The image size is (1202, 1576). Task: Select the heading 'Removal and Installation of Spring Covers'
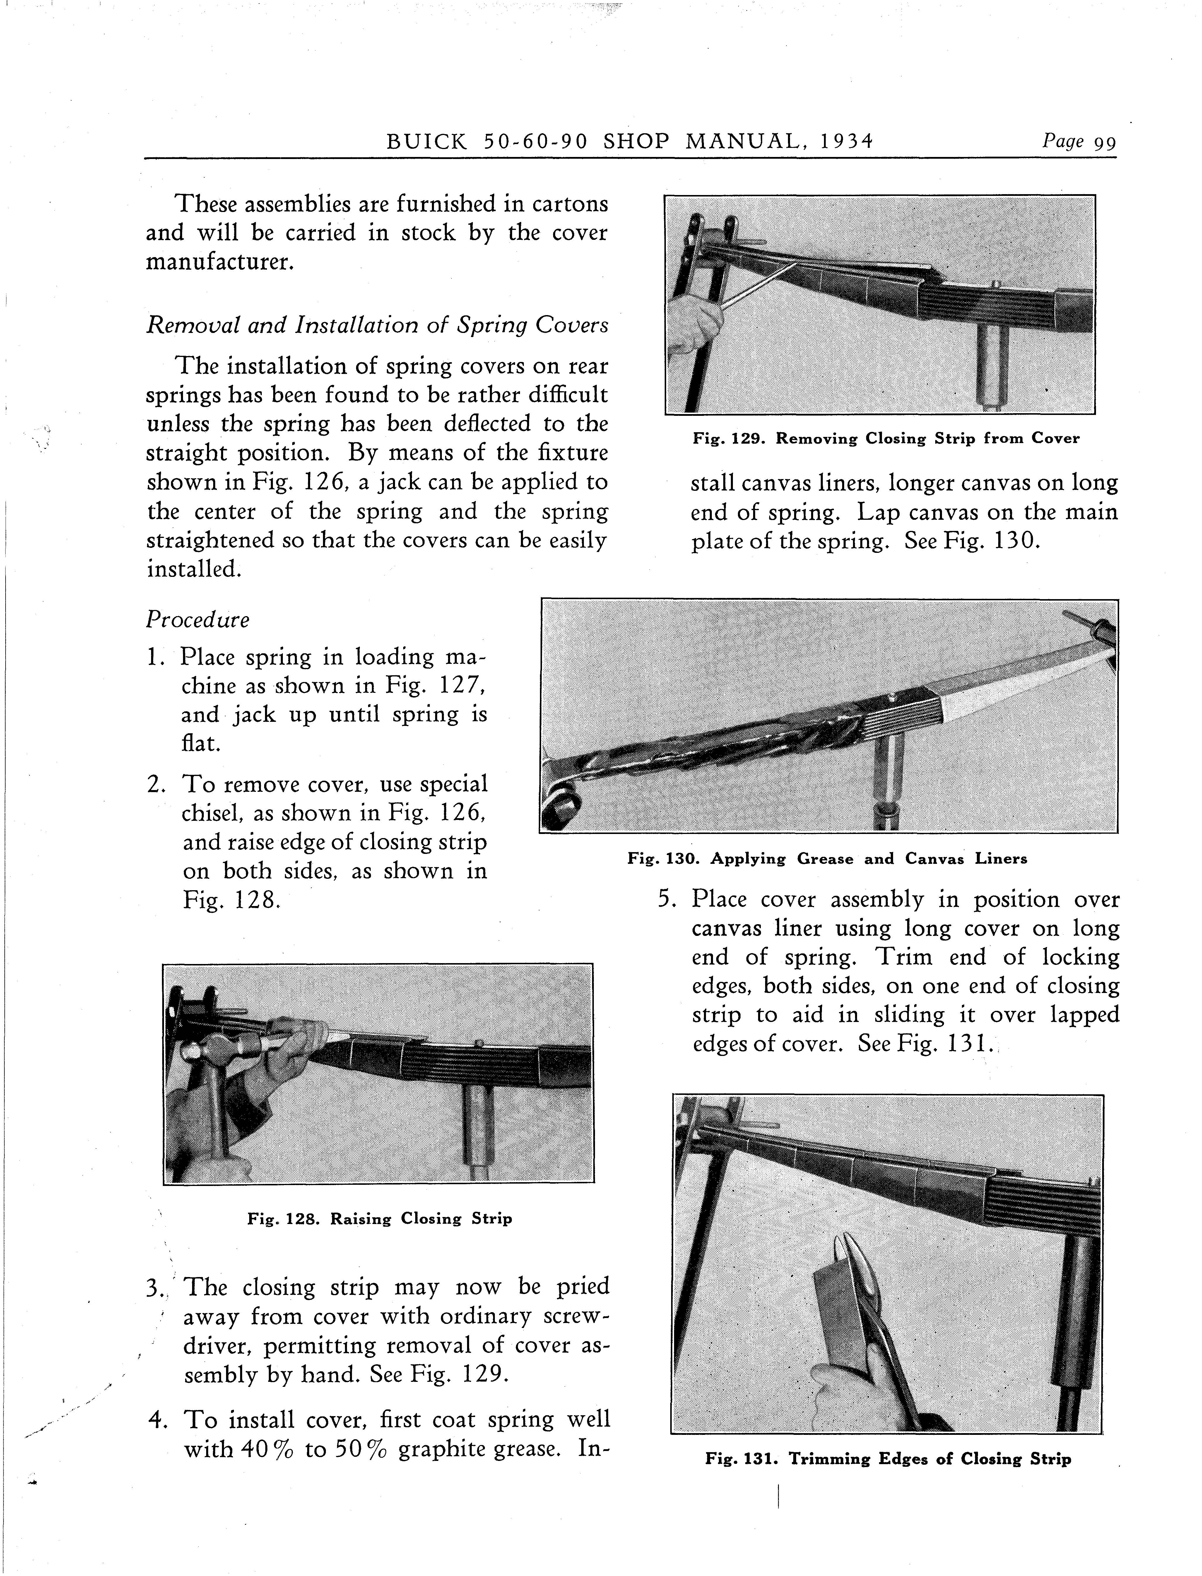pos(377,326)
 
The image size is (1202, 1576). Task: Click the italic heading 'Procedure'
pos(197,620)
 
